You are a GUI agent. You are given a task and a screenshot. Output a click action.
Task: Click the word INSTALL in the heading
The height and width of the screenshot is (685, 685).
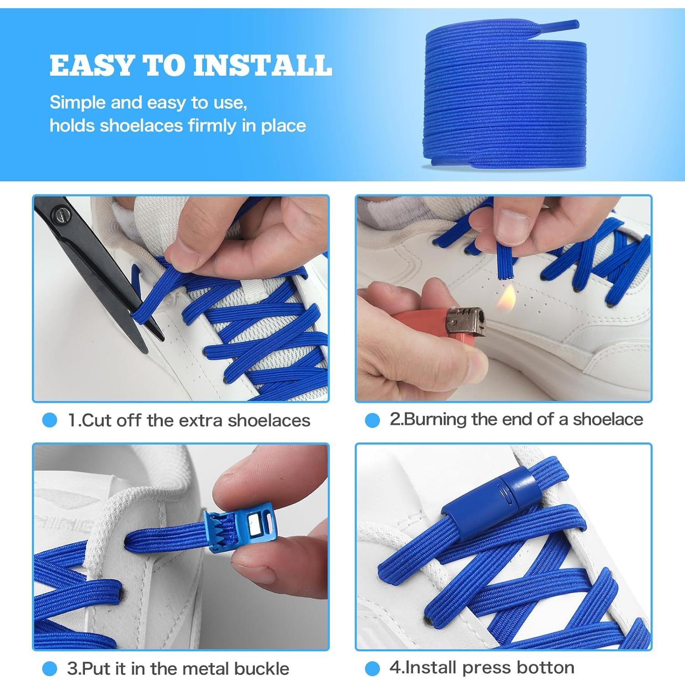point(263,65)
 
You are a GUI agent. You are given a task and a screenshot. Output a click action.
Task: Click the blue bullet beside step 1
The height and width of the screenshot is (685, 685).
point(49,420)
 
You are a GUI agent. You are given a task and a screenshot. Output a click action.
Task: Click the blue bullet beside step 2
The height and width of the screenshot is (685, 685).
point(372,420)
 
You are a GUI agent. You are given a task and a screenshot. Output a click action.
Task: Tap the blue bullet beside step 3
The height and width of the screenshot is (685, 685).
point(49,669)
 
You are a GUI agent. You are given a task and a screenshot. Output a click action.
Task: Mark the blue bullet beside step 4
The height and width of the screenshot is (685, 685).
point(372,669)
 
